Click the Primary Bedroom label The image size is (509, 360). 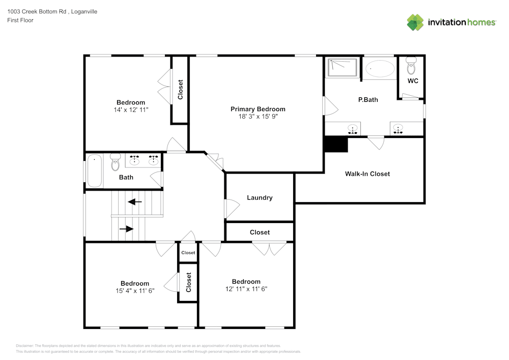point(258,109)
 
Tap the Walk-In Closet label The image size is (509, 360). point(367,174)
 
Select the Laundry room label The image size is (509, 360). point(260,198)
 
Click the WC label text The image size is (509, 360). point(413,81)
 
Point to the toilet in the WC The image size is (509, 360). point(411,66)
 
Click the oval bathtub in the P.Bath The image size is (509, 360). point(380,69)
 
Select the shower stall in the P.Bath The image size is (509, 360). point(343,68)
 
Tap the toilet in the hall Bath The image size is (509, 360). point(115,162)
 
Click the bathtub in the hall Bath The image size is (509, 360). point(95,171)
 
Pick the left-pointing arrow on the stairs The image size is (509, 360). point(135,202)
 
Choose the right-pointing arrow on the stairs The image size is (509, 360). point(126,229)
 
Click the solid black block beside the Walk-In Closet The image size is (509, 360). point(336,145)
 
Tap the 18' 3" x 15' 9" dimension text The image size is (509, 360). point(258,117)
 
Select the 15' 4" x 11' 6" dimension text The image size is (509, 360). point(135,291)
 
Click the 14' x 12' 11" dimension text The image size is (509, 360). point(131,109)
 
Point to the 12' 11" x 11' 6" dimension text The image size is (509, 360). point(246,289)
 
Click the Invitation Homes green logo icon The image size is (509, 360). point(415,22)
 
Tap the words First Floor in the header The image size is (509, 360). point(20,20)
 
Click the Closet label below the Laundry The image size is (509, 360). point(260,232)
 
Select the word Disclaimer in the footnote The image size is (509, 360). point(24,346)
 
